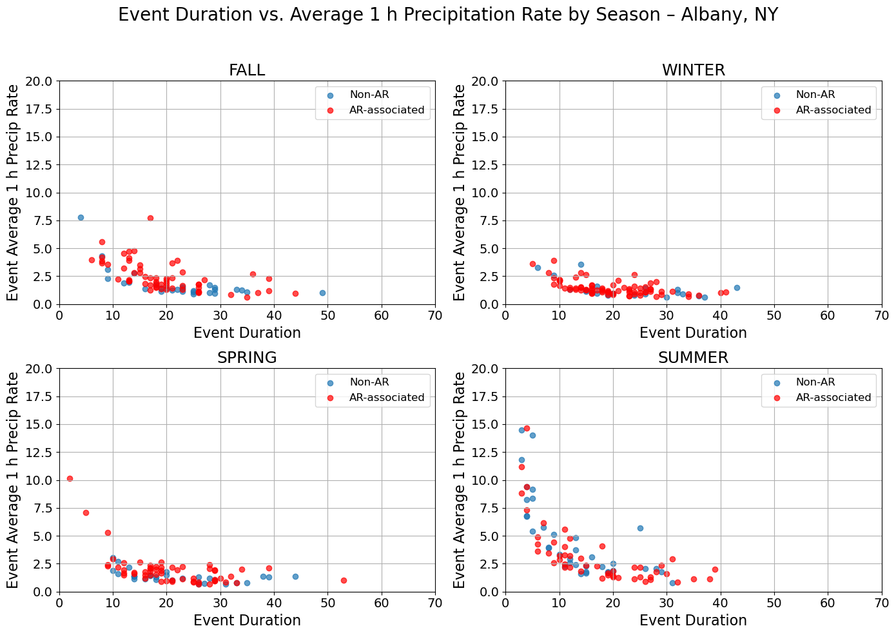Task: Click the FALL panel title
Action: coord(247,70)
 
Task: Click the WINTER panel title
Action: coord(693,70)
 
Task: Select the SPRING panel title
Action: coord(247,358)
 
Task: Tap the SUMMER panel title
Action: coord(693,358)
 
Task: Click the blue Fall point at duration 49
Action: coord(322,293)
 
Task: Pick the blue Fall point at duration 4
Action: coord(81,217)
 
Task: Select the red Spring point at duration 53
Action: coord(344,580)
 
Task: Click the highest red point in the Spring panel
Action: coord(70,478)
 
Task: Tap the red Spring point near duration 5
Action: coord(86,513)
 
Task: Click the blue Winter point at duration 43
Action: coord(737,288)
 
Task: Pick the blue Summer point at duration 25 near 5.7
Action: coord(640,528)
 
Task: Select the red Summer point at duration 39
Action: coord(715,569)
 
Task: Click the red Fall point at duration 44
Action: coord(295,293)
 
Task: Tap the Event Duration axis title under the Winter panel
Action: coord(693,333)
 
